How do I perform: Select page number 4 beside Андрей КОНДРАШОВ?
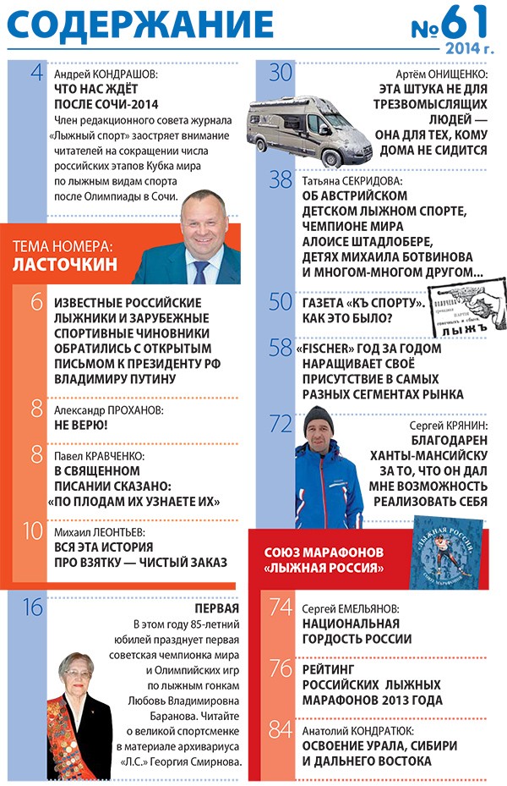(35, 74)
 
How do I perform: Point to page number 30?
(281, 74)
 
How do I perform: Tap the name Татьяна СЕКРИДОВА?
(352, 181)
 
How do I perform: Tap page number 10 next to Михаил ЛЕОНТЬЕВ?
(31, 532)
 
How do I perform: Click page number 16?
(31, 607)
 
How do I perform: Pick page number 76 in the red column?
(280, 668)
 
